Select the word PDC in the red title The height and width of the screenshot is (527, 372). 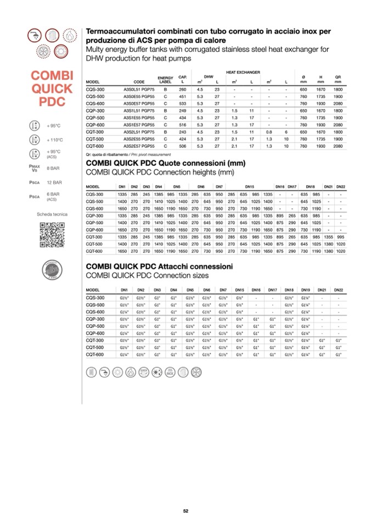tap(53, 102)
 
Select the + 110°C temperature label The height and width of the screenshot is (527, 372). tap(55, 140)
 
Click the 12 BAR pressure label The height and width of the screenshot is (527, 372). tap(54, 182)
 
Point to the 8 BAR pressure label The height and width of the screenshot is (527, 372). tap(53, 168)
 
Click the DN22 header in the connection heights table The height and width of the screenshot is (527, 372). tap(340, 187)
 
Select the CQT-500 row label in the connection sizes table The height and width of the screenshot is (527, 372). tap(95, 348)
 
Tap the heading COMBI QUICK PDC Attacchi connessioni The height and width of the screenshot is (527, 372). tap(159, 267)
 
